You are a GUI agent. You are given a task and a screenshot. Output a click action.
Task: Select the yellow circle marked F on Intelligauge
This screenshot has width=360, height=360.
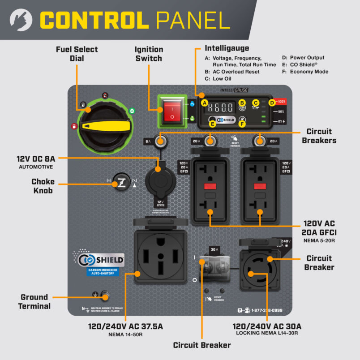click(x=242, y=124)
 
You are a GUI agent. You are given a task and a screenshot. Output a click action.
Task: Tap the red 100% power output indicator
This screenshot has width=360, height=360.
click(x=280, y=102)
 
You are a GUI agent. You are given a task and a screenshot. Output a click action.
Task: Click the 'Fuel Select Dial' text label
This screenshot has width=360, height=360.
click(x=77, y=53)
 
